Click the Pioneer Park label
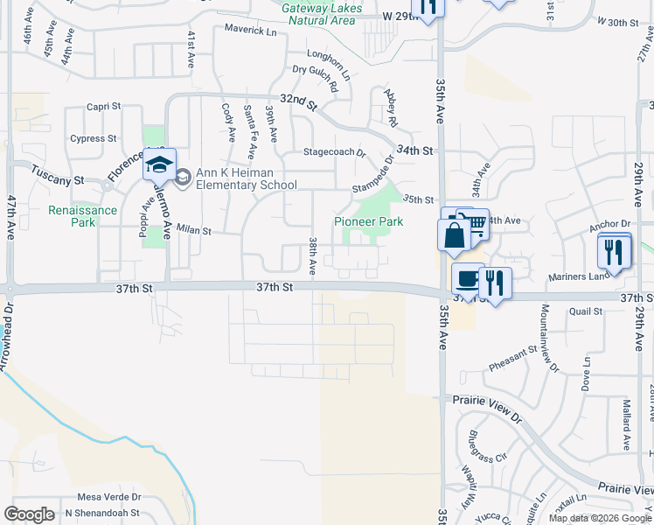(x=368, y=222)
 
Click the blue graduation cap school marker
(x=160, y=164)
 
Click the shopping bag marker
(x=454, y=234)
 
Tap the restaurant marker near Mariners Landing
(x=615, y=253)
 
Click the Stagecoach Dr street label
(x=334, y=152)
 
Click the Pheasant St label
(x=513, y=353)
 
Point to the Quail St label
(x=586, y=311)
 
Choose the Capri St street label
(x=103, y=107)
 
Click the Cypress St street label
(x=94, y=138)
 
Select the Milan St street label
(x=194, y=231)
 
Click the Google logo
(x=30, y=514)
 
